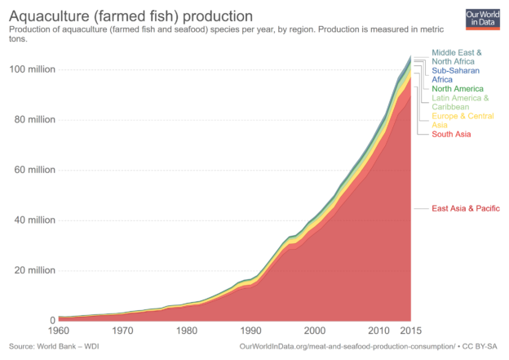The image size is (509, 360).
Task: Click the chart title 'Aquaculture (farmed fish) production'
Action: tap(131, 16)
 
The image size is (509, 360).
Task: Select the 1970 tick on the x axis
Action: tap(122, 331)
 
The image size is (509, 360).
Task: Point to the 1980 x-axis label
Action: tap(188, 331)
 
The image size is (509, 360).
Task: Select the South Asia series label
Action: tap(451, 133)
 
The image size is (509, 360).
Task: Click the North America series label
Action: tap(458, 88)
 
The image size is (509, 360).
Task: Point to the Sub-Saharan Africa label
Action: tap(456, 75)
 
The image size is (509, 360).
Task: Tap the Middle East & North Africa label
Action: tap(457, 57)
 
